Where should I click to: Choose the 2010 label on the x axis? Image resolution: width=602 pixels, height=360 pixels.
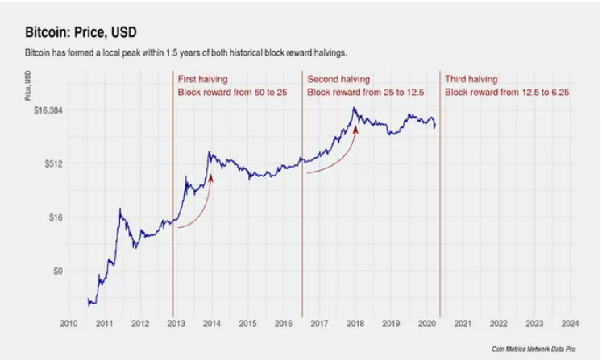click(x=68, y=324)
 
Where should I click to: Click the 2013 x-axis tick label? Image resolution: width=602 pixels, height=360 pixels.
click(x=175, y=324)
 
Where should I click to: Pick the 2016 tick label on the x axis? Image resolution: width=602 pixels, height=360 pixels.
click(x=283, y=324)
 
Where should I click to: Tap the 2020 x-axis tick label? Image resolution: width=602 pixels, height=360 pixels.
click(x=426, y=324)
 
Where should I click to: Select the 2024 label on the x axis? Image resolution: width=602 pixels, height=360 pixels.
click(x=569, y=324)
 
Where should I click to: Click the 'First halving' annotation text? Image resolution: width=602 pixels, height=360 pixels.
click(x=203, y=80)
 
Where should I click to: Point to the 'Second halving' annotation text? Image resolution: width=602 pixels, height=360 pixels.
click(x=338, y=80)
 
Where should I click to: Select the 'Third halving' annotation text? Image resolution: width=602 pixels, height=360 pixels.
click(x=471, y=80)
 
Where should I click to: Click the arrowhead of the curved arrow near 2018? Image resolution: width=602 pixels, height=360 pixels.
click(x=355, y=127)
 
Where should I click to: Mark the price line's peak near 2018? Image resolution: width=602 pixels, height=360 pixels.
click(x=354, y=108)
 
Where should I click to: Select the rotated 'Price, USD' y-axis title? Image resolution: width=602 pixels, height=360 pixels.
click(x=29, y=87)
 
